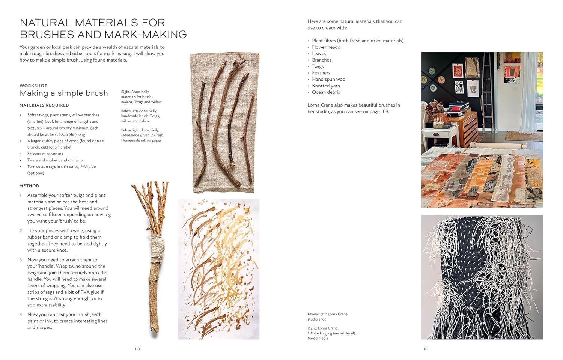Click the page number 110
point(137,349)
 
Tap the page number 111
point(425,349)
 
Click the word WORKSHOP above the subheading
point(33,86)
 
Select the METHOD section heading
point(29,186)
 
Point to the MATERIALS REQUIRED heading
point(44,105)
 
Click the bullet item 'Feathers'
point(321,73)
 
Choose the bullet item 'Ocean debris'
point(326,92)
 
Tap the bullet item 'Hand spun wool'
point(329,79)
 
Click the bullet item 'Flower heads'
point(326,47)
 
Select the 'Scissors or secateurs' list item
point(45,154)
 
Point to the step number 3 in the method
point(21,260)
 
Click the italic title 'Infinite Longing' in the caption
point(320,333)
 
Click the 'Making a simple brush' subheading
point(64,93)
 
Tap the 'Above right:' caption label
point(317,314)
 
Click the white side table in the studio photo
point(439,137)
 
